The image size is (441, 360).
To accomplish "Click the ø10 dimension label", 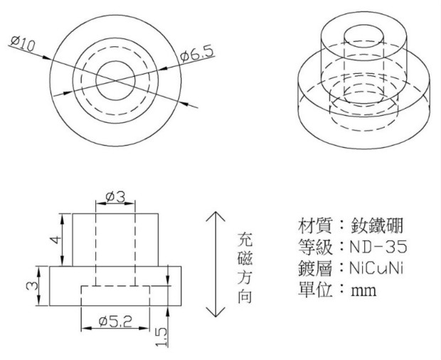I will click(23, 45).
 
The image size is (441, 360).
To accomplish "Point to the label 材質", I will click(312, 227).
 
